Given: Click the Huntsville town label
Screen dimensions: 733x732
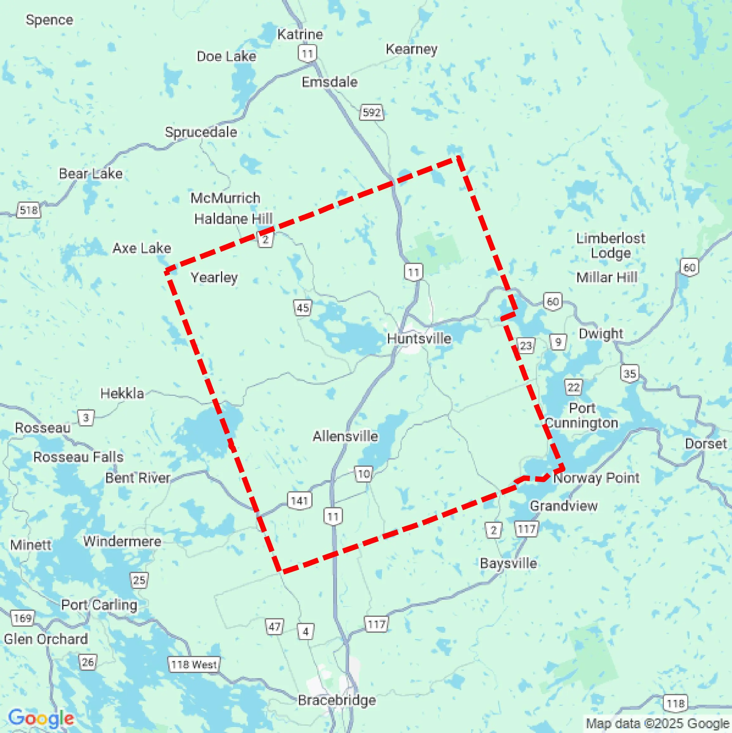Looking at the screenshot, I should tap(419, 339).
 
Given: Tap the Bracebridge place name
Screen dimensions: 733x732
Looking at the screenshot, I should tap(337, 700).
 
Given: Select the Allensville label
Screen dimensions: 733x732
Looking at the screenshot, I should tap(345, 436).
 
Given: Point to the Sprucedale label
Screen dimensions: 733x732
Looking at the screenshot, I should tap(201, 132).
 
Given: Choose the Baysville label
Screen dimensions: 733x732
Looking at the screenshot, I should tap(509, 563).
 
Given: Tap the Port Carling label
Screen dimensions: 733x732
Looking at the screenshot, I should tap(99, 605).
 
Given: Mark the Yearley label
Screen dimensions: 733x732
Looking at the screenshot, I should tap(214, 277).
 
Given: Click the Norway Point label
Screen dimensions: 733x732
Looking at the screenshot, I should tap(596, 478).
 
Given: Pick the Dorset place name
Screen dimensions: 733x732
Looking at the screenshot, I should tap(706, 444).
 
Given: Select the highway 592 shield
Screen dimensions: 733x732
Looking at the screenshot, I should tap(372, 112).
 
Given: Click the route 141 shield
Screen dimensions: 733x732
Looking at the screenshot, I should tap(300, 501).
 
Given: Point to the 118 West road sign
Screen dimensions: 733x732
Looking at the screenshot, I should tap(194, 664).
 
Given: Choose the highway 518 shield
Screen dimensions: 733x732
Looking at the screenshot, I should tap(29, 210).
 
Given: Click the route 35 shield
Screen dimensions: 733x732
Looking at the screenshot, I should tap(630, 374).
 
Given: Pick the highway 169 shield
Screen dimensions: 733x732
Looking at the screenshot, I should tap(23, 618).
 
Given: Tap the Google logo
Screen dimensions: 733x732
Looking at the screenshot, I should tap(41, 718).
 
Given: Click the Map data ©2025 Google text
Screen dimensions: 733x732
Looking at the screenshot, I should tap(658, 723).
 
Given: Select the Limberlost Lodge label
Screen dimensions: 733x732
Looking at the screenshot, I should tap(611, 246).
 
